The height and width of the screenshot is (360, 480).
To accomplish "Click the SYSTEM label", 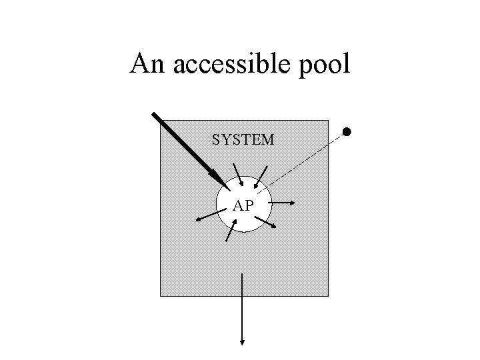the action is coord(243,140).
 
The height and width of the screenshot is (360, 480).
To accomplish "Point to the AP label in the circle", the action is coord(243,206).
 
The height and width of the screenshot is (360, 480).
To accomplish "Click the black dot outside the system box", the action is coord(347,131).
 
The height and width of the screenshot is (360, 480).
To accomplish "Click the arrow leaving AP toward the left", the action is coord(208,215).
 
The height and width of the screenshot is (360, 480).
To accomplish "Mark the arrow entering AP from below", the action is coord(230,230).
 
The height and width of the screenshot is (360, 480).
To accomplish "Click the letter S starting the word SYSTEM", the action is coord(216,140).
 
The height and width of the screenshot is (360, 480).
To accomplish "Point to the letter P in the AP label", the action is coord(248,206).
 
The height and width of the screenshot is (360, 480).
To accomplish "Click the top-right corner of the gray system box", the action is coord(328,121).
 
